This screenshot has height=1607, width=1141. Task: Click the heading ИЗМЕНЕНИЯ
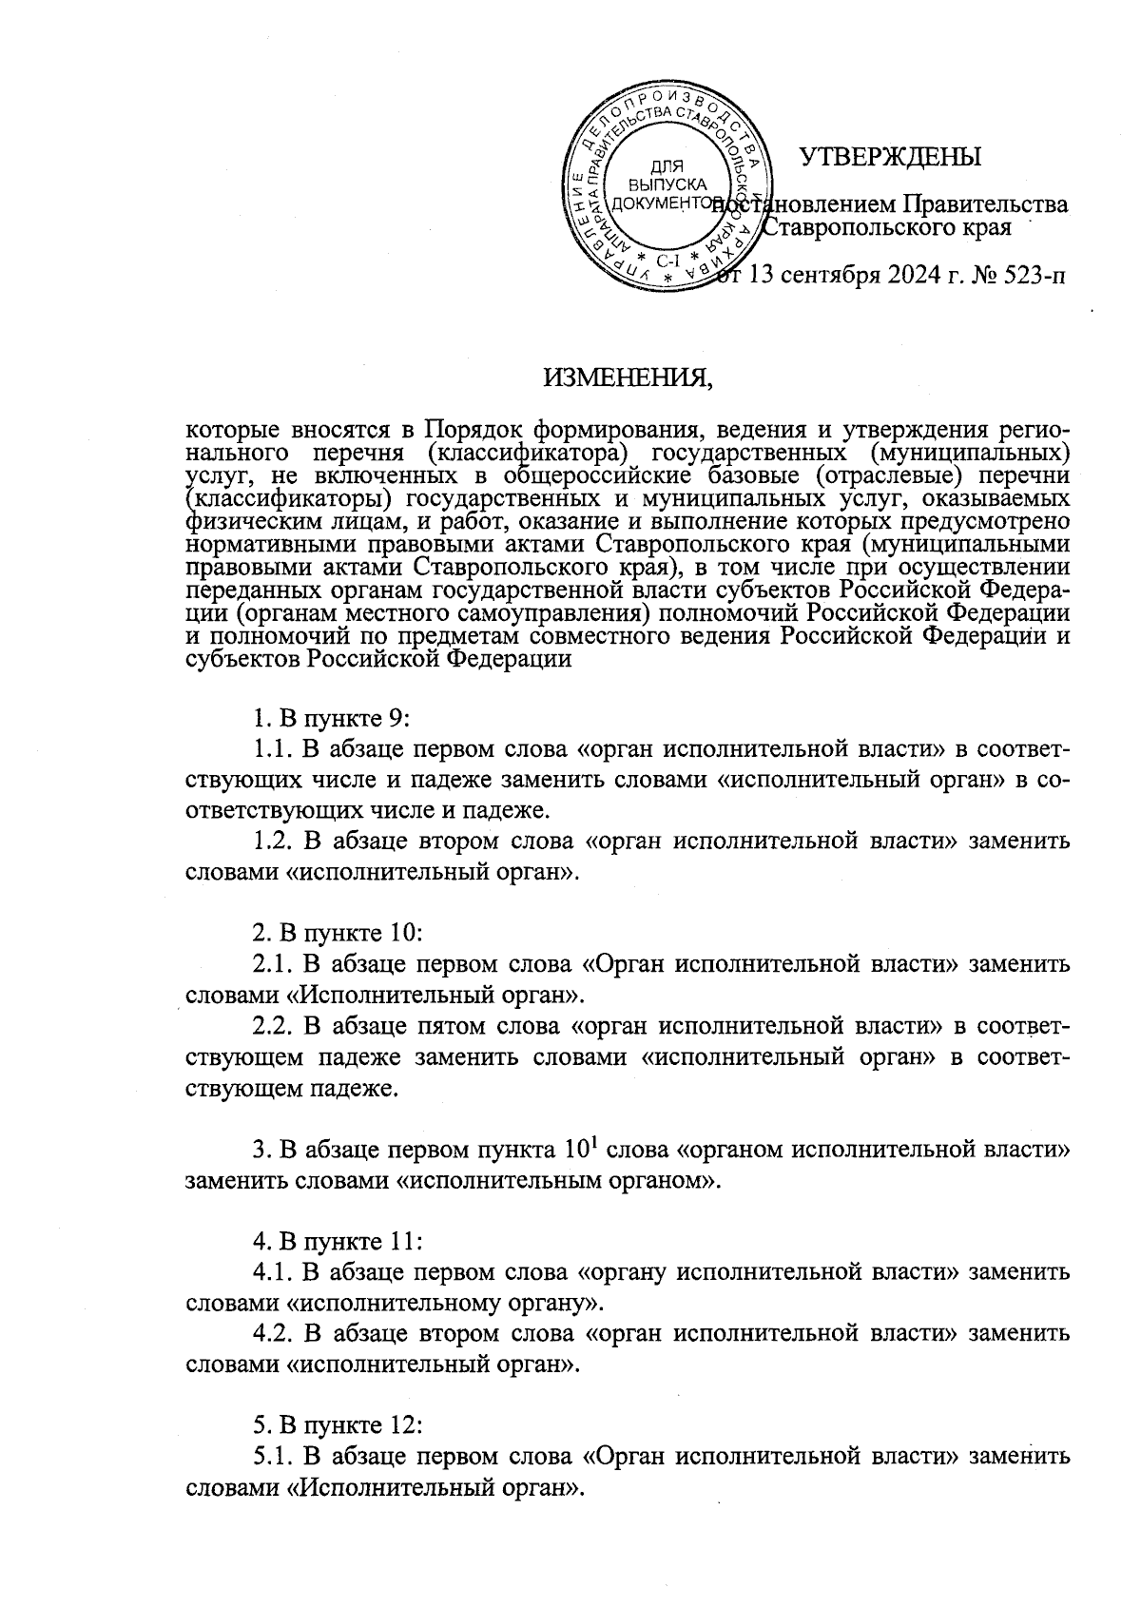point(627,379)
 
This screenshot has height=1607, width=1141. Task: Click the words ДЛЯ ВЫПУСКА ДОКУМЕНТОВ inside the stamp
point(670,185)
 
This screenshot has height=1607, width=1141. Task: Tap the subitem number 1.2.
point(274,841)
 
